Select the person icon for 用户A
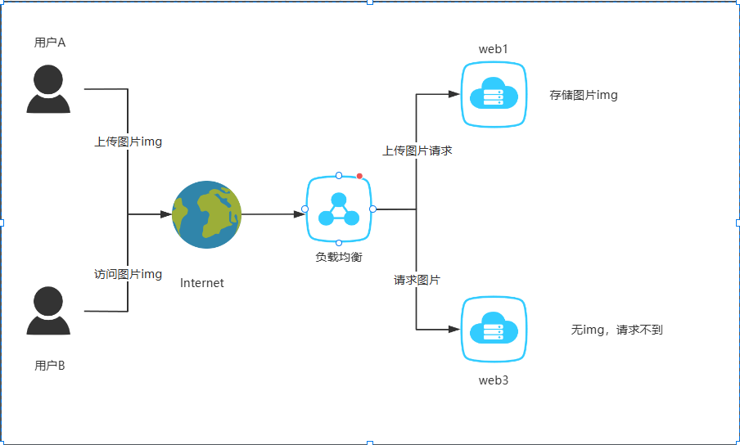point(48,89)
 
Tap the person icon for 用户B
point(48,311)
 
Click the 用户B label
point(50,366)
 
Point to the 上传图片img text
point(129,142)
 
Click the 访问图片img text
point(129,274)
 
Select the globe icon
point(207,214)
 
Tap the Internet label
point(202,283)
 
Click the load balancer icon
point(339,209)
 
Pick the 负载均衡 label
point(339,257)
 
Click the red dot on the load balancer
point(359,176)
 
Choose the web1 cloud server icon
point(493,94)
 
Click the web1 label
point(494,49)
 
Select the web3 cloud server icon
point(493,329)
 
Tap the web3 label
point(494,380)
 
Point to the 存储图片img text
point(584,95)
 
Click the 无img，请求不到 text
point(616,330)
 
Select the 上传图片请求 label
point(417,151)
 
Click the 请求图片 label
point(417,280)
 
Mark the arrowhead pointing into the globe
point(166,214)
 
